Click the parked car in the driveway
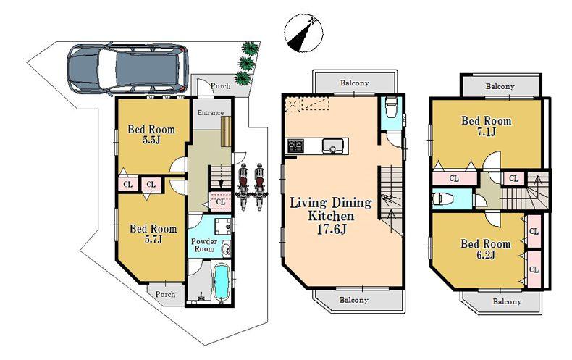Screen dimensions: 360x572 point(127,70)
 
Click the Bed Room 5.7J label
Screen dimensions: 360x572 point(153,234)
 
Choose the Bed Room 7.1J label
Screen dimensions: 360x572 point(486,126)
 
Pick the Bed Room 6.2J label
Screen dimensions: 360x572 point(486,249)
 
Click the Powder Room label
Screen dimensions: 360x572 point(204,245)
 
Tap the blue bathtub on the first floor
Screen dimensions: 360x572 point(221,283)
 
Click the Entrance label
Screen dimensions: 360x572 point(211,112)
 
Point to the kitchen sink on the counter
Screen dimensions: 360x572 point(335,146)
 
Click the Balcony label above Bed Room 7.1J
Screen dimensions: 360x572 point(500,86)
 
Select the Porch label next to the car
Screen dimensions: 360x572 point(220,86)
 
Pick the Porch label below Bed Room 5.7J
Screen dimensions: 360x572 point(165,295)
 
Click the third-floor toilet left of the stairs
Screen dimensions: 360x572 point(442,198)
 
